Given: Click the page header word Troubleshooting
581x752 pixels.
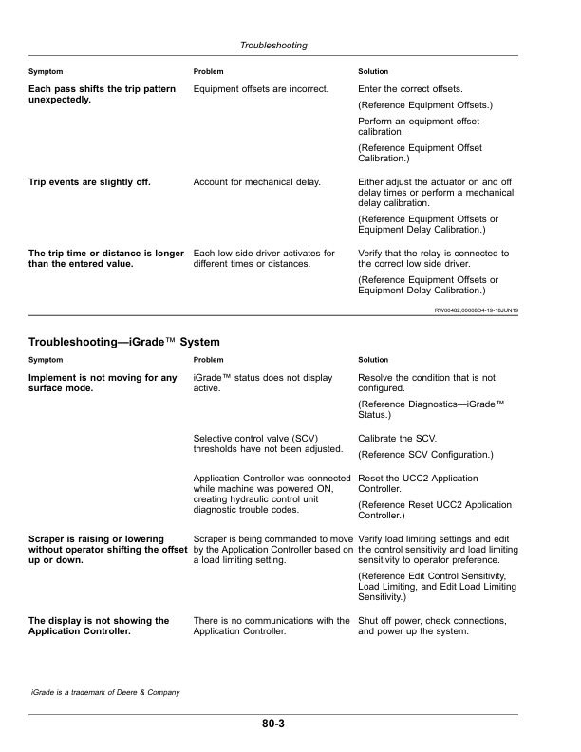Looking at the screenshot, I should (x=274, y=45).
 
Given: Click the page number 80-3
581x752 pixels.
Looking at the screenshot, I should (x=274, y=724).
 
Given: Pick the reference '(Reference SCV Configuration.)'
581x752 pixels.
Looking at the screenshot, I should (x=425, y=455).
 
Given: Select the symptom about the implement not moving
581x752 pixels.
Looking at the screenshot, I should (x=103, y=384).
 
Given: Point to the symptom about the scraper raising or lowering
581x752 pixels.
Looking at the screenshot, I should (x=103, y=551).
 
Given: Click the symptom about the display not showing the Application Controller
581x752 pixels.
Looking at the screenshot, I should (x=99, y=626).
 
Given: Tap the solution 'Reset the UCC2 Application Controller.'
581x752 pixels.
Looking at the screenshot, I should (x=418, y=483).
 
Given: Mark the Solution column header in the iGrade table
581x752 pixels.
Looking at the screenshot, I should (x=373, y=360).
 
